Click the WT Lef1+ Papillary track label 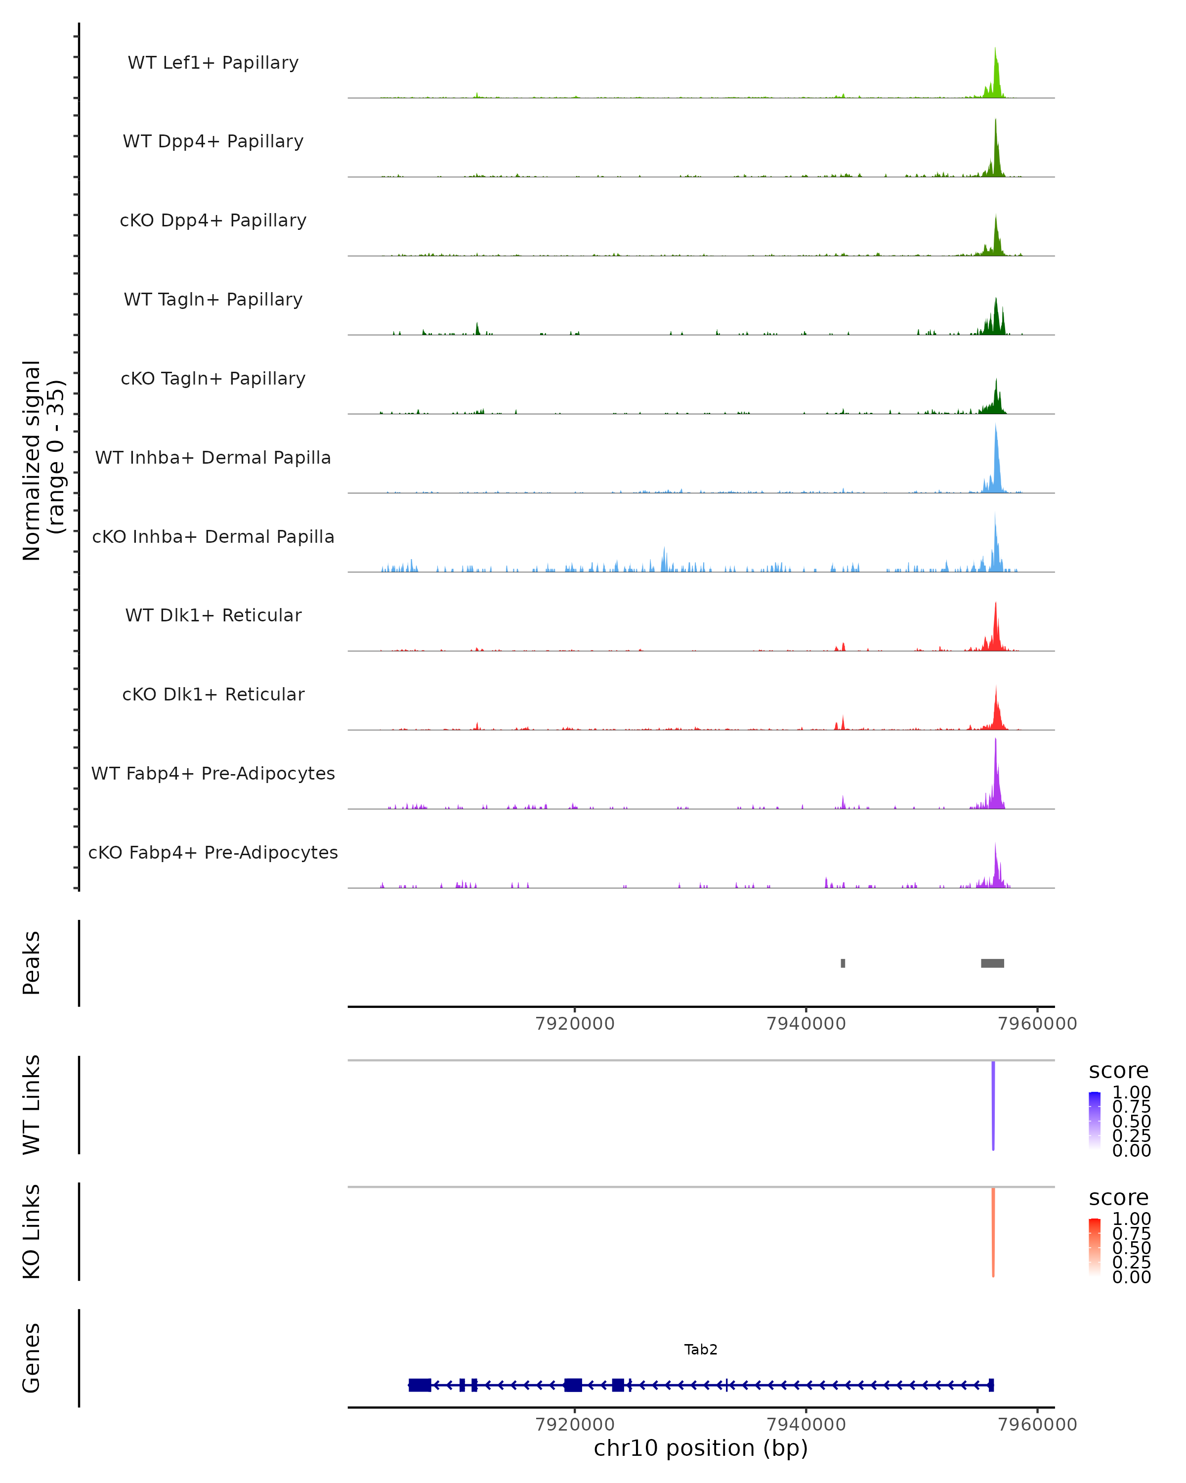click(x=213, y=63)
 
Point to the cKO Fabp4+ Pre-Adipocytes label click(x=213, y=852)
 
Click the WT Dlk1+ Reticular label click(x=213, y=615)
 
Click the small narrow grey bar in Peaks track click(x=843, y=963)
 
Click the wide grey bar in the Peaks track click(x=992, y=963)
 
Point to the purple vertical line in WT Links click(x=993, y=1104)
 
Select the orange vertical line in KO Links click(x=993, y=1231)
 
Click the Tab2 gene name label click(x=701, y=1350)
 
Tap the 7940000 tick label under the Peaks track click(x=806, y=1024)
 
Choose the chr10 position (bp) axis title click(x=701, y=1448)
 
